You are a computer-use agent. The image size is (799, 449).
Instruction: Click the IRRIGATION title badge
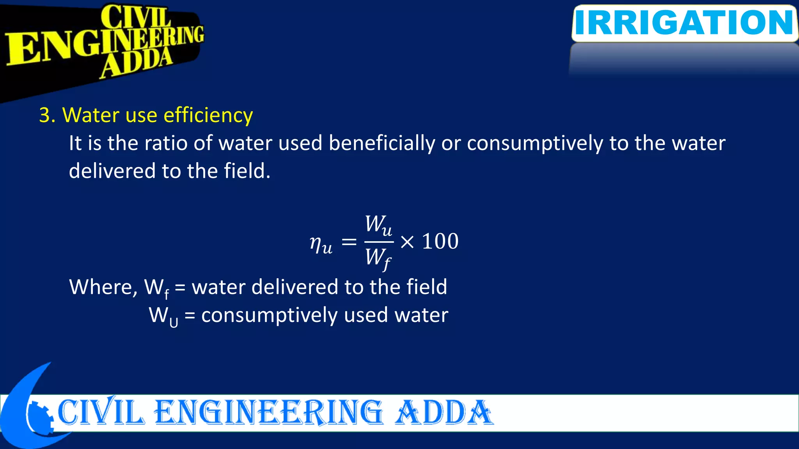point(684,23)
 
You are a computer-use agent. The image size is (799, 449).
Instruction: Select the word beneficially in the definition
point(382,143)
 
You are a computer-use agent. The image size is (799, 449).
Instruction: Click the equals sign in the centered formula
point(349,242)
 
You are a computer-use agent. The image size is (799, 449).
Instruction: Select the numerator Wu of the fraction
point(378,225)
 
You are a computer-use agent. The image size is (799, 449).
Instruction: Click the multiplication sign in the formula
point(407,242)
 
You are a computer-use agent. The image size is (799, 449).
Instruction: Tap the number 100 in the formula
point(440,241)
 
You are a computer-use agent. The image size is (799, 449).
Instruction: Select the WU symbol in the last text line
point(163,316)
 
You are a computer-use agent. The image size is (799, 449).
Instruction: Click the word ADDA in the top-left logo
point(137,63)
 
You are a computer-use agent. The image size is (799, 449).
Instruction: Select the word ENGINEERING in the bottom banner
point(268,412)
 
